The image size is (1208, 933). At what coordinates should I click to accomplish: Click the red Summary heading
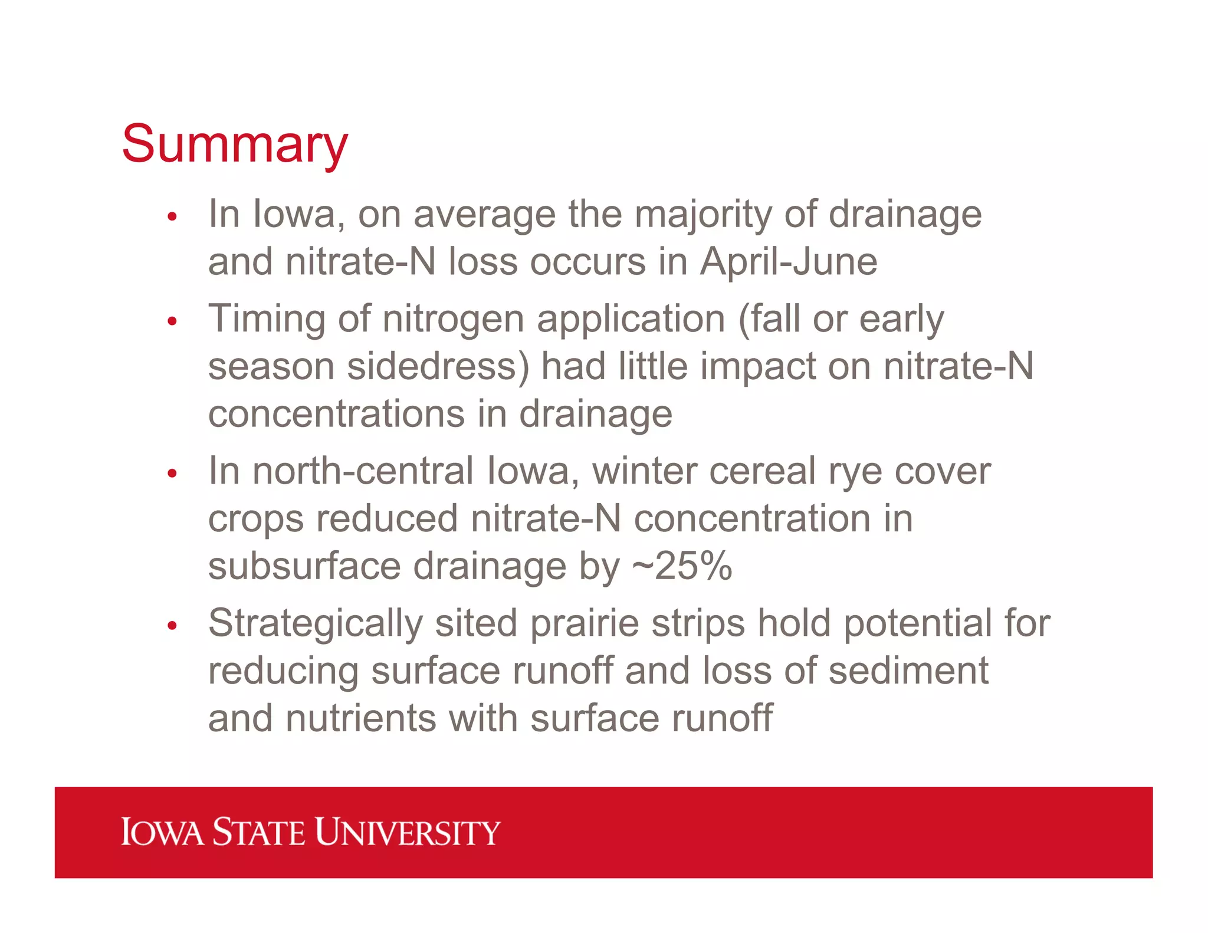(x=235, y=144)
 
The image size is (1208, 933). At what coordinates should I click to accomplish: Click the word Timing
(x=267, y=319)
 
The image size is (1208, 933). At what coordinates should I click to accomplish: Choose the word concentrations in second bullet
(x=336, y=413)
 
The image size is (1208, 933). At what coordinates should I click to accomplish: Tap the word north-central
(x=363, y=471)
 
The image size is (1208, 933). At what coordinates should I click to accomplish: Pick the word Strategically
(x=316, y=624)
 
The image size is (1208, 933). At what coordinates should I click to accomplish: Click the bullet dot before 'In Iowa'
(x=172, y=216)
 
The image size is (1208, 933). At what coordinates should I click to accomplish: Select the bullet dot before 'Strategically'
(x=172, y=626)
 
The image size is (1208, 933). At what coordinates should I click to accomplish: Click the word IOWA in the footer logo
(x=162, y=832)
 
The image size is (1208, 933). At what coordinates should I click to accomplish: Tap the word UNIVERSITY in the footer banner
(x=407, y=832)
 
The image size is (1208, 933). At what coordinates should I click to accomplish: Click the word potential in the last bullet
(x=918, y=624)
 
